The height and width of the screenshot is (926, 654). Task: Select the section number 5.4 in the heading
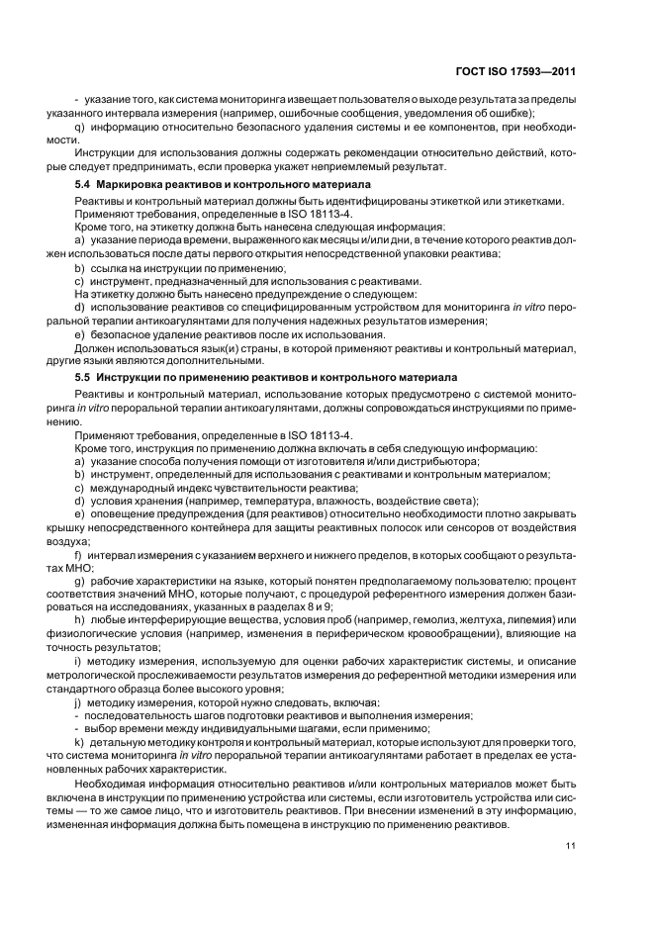coord(85,185)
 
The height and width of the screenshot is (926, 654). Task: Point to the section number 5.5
coord(85,377)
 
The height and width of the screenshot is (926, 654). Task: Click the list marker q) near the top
coord(80,128)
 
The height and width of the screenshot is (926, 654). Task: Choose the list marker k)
coord(79,741)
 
